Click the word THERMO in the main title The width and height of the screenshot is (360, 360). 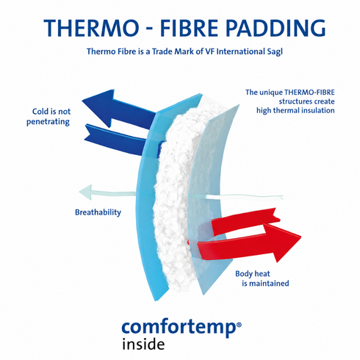pos(91,28)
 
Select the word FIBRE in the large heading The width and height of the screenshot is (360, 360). pos(189,28)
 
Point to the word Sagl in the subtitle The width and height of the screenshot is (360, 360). pos(275,52)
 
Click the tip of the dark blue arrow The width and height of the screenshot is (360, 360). pos(82,100)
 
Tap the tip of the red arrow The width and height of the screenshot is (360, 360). pos(300,237)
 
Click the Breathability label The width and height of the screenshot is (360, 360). pos(98,212)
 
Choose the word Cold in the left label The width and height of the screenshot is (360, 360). pos(40,112)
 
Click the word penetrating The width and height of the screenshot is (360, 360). pos(48,122)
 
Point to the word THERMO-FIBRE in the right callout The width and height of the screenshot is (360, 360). pos(309,93)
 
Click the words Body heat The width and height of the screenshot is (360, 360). pos(253,273)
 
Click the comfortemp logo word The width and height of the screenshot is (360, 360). pos(179,328)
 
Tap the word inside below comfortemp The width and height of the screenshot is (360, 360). pos(143,344)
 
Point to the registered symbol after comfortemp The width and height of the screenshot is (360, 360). pos(239,325)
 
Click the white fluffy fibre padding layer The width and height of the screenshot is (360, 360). pos(175,196)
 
